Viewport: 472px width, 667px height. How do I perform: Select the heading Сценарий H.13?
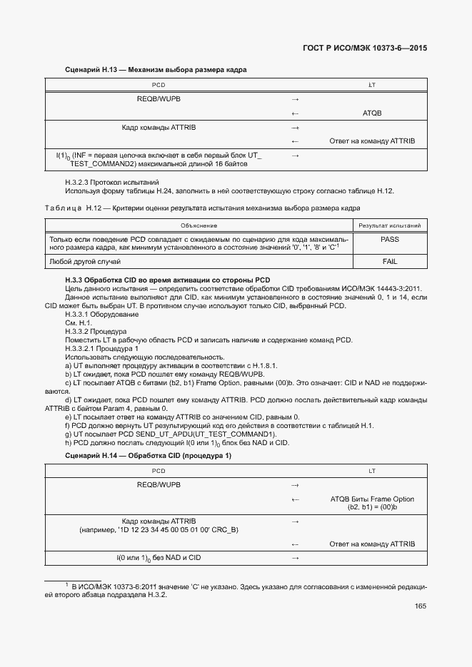coord(156,71)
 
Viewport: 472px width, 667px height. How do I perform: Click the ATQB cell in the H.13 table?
coord(372,113)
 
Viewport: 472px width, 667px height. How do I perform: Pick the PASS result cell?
coord(389,240)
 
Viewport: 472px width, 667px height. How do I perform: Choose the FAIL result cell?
coord(389,262)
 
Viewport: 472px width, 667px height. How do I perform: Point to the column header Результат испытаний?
coord(389,225)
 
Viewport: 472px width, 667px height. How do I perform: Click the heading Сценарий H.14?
coord(148,455)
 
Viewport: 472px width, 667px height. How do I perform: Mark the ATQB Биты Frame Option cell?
coord(372,503)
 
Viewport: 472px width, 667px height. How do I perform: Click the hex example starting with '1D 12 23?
coord(159,530)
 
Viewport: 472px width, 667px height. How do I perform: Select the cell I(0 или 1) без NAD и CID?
coord(159,557)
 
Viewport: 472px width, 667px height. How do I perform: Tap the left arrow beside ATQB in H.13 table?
coord(295,113)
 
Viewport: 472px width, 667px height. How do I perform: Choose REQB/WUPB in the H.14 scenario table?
coord(159,485)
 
